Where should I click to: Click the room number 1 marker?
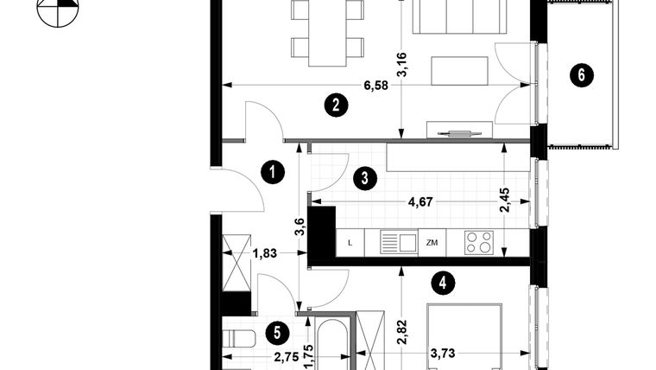[273, 172]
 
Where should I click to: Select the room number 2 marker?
[336, 105]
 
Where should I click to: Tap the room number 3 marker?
[365, 179]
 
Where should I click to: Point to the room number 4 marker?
[443, 281]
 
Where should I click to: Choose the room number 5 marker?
[275, 331]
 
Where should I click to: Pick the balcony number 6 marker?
[581, 75]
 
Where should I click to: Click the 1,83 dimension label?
[264, 253]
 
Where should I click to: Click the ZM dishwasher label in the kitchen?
[432, 243]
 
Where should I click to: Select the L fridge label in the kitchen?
[350, 243]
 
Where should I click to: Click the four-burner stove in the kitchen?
[478, 243]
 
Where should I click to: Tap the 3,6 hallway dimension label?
[300, 227]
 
